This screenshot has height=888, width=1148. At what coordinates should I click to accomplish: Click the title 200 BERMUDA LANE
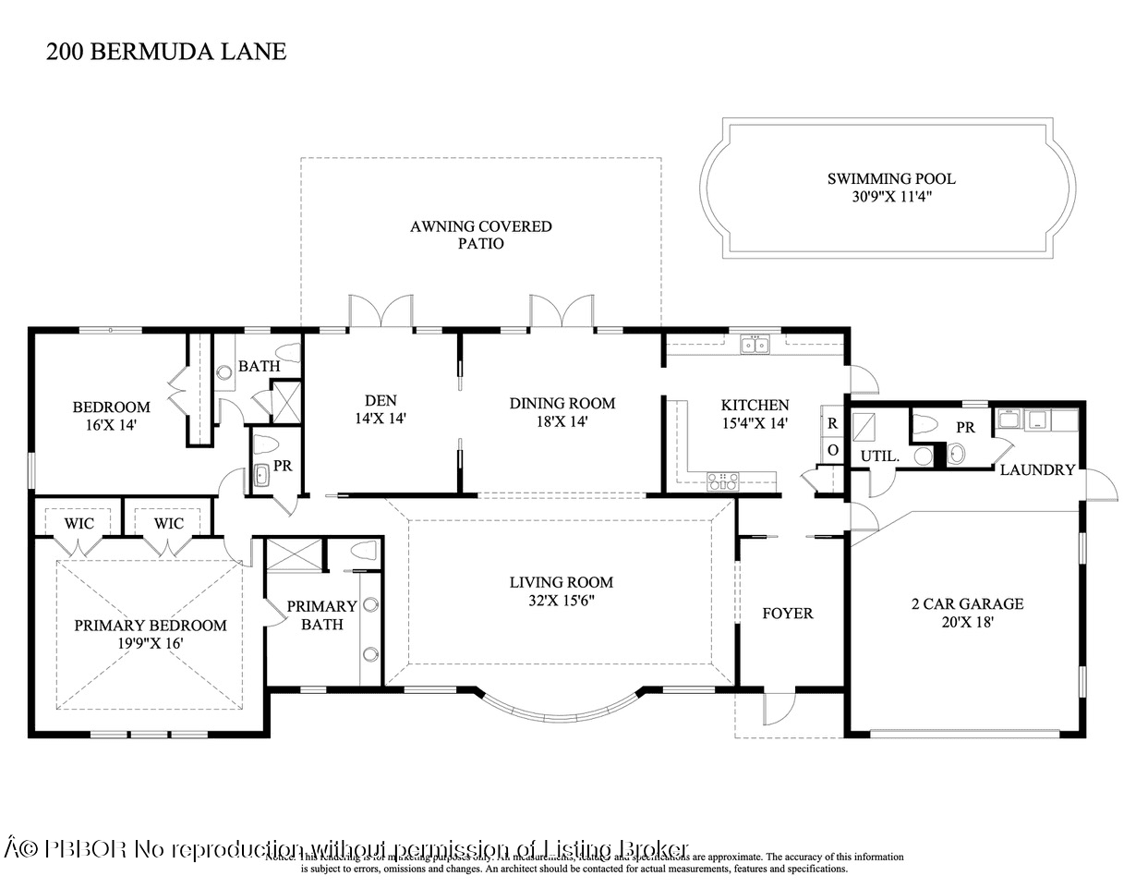coord(166,51)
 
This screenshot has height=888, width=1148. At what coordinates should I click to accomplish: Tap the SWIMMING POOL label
coord(890,188)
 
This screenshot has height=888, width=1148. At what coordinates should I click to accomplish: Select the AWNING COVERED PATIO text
coord(481,235)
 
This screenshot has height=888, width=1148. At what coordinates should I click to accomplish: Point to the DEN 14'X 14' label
coord(381,409)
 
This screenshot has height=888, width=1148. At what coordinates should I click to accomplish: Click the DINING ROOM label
coord(562,411)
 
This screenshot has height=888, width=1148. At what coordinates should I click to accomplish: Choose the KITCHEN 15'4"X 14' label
coord(755,413)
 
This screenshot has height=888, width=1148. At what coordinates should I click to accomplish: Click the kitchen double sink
coord(755,346)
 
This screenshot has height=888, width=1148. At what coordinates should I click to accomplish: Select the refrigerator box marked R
coord(832,423)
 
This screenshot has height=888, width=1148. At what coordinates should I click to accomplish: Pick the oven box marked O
coord(832,450)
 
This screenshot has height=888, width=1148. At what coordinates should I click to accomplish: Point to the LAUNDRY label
coord(1037,469)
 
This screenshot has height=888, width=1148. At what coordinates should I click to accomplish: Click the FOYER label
coord(787,614)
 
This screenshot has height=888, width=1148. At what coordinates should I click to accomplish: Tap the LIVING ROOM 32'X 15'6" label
coord(561,591)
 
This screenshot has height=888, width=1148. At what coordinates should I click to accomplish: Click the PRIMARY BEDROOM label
coord(150,634)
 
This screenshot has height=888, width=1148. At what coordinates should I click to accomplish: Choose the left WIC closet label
coord(79,523)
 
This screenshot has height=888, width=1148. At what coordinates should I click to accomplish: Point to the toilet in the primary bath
coord(364,553)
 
